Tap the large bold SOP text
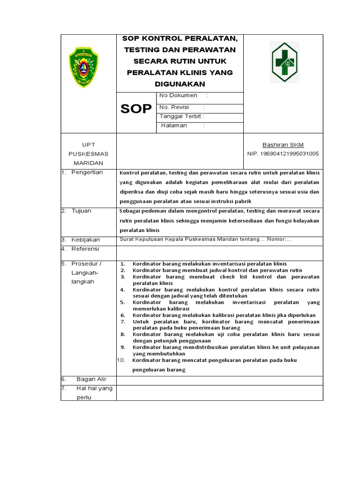coord(136,109)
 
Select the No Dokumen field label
coord(178,95)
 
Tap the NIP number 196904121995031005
coord(283,153)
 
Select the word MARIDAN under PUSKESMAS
coord(89,163)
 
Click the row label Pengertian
coord(87,172)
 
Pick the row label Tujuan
coord(82,211)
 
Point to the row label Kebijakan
coord(86,240)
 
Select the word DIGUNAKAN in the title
coord(180,84)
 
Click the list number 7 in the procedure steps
coord(122,322)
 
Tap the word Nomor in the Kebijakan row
coord(278,240)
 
